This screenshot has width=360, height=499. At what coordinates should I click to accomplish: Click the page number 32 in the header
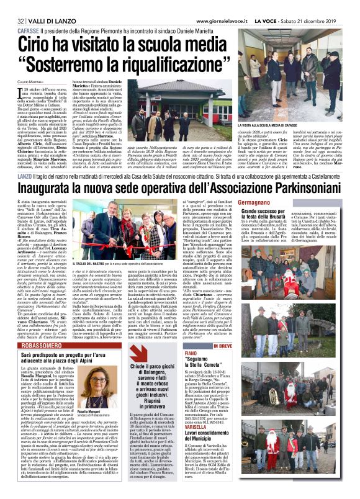[12, 6]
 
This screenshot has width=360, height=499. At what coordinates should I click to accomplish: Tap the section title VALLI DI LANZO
[40, 6]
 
